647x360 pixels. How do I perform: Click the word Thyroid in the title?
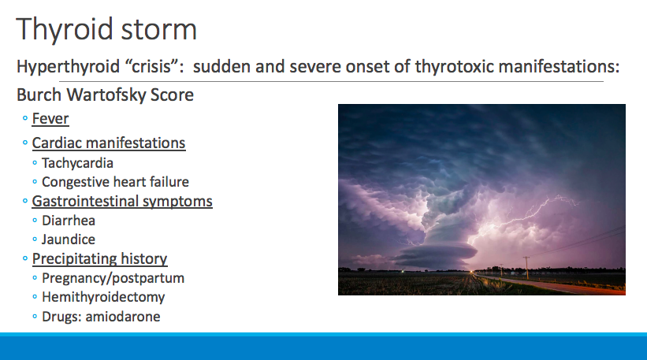(x=64, y=30)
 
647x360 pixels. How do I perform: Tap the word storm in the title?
(x=158, y=30)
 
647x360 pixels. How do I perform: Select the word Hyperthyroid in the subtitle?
(x=68, y=67)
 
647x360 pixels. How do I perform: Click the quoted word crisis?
(x=152, y=66)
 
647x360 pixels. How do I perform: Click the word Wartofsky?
(x=106, y=95)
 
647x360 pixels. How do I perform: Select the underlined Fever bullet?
(x=50, y=119)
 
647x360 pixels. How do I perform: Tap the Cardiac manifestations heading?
(x=109, y=143)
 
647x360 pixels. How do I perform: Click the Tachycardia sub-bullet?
(x=77, y=163)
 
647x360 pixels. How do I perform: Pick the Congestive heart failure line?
(x=116, y=182)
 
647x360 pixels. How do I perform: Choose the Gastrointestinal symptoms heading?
(x=122, y=202)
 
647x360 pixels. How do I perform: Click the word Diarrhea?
(x=69, y=221)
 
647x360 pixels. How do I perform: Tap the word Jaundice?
(x=69, y=239)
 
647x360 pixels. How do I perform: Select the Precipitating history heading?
(x=99, y=259)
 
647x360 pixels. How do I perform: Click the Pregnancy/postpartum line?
(x=113, y=278)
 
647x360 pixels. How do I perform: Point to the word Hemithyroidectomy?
(x=103, y=297)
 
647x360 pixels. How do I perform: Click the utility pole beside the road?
(x=526, y=268)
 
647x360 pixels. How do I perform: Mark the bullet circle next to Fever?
(x=25, y=119)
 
